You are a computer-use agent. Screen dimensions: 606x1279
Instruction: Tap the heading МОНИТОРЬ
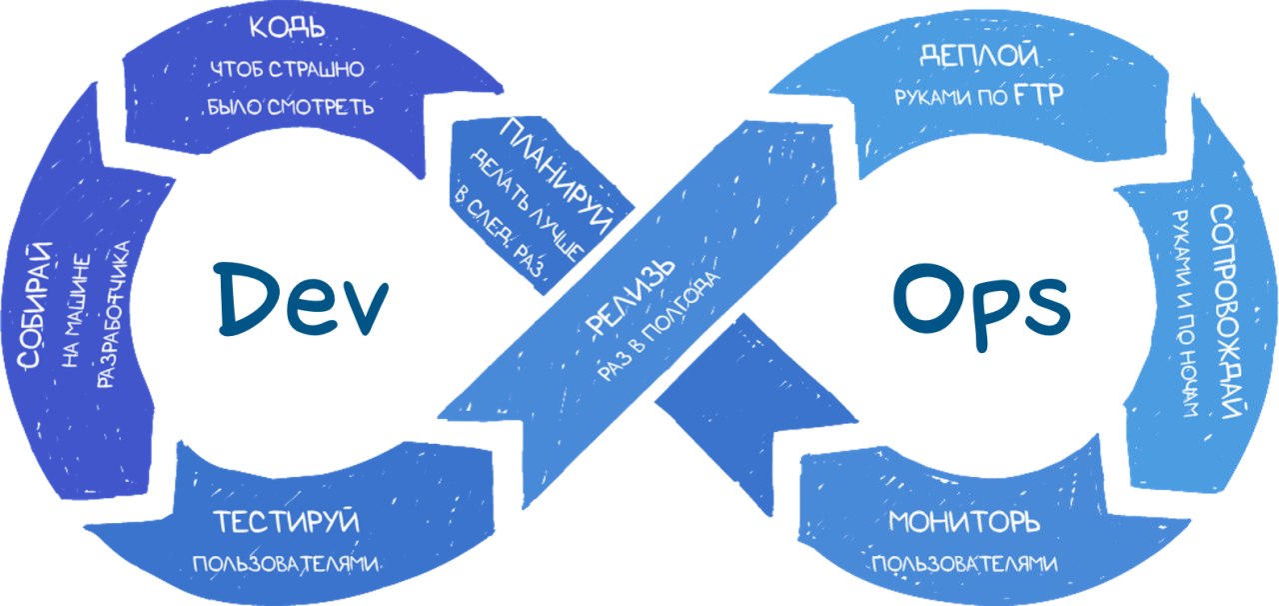pyautogui.click(x=965, y=522)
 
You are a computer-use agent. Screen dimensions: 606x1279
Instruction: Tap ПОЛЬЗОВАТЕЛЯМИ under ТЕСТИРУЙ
pyautogui.click(x=288, y=564)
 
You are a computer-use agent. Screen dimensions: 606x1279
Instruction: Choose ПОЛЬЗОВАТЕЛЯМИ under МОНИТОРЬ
pyautogui.click(x=965, y=564)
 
